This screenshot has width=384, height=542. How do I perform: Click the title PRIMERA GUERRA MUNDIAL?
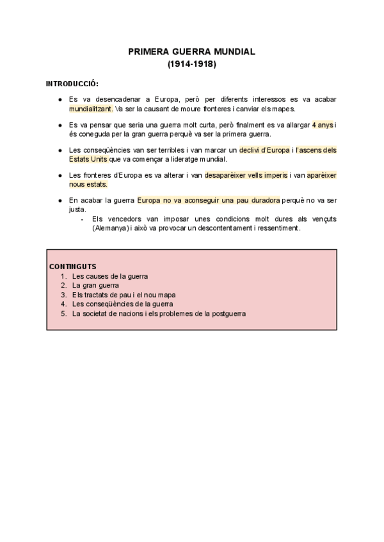(191, 51)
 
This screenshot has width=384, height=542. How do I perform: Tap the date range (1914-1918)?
(191, 64)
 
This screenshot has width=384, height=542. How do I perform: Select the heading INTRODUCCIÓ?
(72, 84)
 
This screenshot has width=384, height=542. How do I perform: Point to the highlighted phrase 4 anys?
(323, 125)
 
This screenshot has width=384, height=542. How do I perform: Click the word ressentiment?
(280, 228)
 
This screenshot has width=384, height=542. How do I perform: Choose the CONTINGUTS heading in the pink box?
(72, 266)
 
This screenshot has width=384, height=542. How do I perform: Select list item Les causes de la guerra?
(110, 276)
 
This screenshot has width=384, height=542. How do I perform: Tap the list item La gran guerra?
(96, 285)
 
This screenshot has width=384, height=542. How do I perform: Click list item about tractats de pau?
(124, 295)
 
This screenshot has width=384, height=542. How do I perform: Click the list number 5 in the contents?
(63, 314)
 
